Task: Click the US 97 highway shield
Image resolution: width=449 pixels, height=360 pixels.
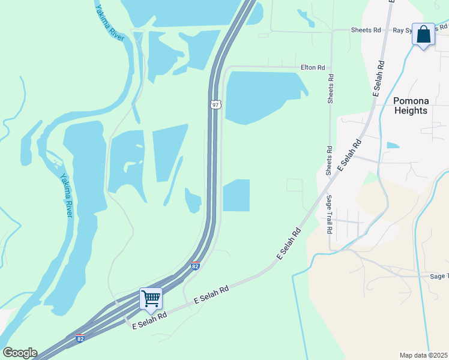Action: (x=216, y=104)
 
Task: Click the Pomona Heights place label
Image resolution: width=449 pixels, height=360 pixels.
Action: (x=411, y=106)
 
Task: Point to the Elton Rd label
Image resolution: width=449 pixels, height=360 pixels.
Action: (x=313, y=68)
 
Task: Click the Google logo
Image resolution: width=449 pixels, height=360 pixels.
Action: (x=20, y=353)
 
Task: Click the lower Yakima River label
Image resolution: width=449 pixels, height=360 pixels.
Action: (x=66, y=195)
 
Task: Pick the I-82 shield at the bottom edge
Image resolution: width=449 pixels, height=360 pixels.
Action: (x=80, y=338)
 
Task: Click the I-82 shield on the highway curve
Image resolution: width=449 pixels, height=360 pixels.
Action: (x=195, y=265)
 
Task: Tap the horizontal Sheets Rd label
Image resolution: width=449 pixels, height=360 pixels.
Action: (x=366, y=29)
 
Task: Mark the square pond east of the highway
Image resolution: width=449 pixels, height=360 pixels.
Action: (x=236, y=196)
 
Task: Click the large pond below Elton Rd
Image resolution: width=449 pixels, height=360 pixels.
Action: (x=262, y=96)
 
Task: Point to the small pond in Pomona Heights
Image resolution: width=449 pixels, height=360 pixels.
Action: (x=393, y=145)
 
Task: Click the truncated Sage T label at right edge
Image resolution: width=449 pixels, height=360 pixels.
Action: (x=439, y=275)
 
